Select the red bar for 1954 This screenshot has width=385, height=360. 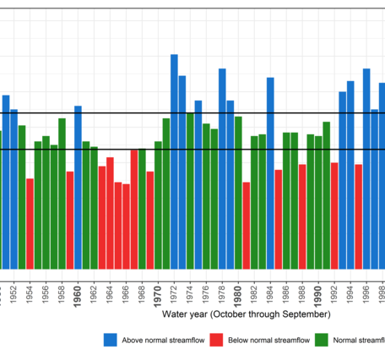tap(30, 223)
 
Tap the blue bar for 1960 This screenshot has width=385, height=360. tap(78, 187)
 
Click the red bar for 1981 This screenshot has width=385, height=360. tap(247, 225)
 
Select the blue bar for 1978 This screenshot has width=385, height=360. tap(222, 168)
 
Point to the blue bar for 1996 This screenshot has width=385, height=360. tap(366, 168)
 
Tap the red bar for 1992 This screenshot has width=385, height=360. tap(334, 215)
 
